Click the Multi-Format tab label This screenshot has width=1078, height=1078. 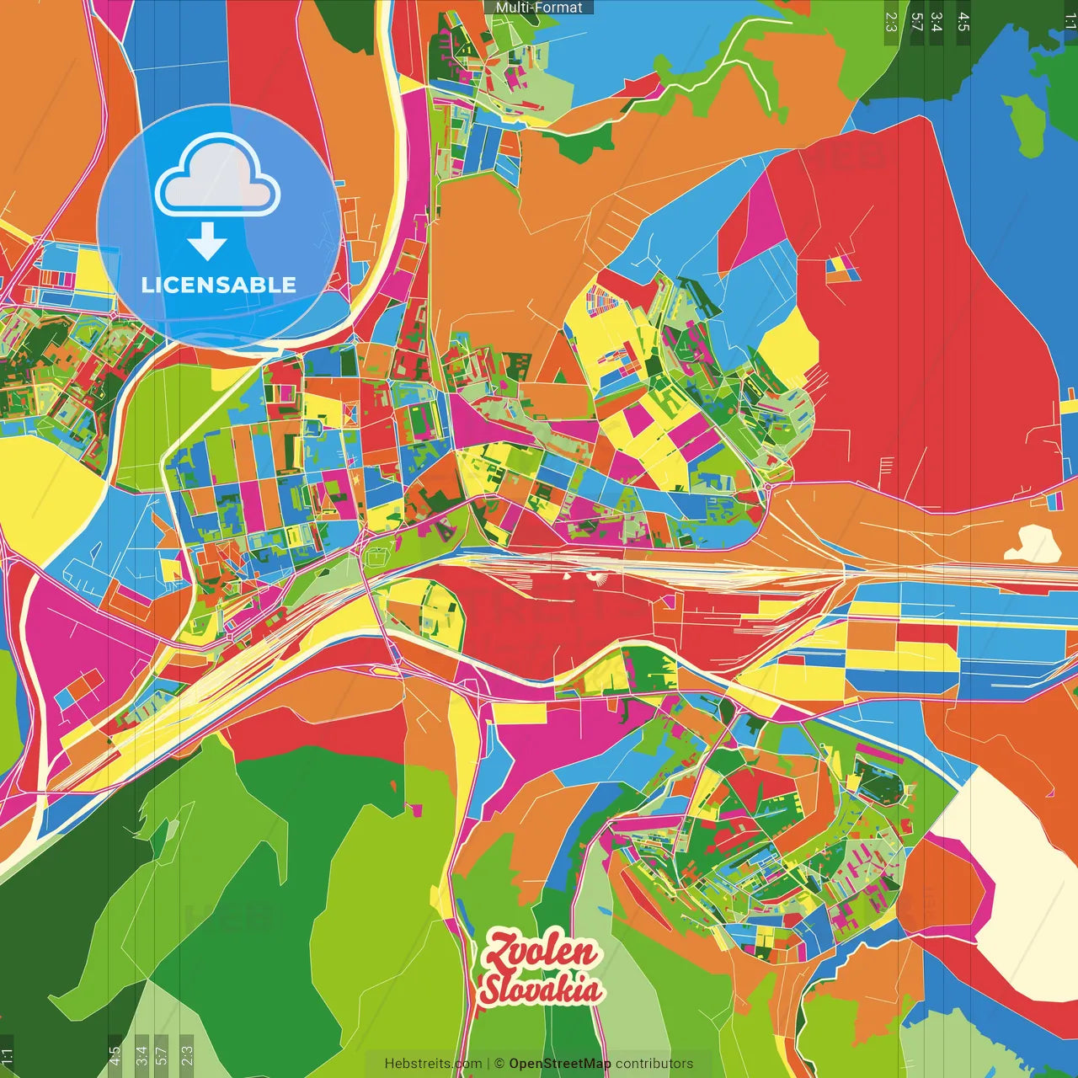click(539, 8)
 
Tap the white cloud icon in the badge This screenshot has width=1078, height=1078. click(217, 175)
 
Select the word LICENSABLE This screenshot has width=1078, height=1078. click(219, 285)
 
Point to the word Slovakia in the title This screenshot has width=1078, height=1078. click(541, 990)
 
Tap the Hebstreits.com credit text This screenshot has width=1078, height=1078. click(433, 1064)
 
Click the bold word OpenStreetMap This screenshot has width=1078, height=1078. click(560, 1064)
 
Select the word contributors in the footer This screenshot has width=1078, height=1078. click(654, 1064)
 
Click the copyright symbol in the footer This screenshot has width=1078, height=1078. click(499, 1064)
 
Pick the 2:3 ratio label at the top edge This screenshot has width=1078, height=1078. click(891, 22)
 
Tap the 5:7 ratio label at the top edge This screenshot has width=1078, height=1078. click(916, 22)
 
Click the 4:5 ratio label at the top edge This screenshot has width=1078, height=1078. click(963, 22)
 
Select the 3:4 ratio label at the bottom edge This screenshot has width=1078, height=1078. click(141, 1054)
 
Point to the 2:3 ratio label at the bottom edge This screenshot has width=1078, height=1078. click(186, 1054)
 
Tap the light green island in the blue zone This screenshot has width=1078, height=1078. click(1026, 124)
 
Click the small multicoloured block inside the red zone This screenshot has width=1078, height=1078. click(841, 268)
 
